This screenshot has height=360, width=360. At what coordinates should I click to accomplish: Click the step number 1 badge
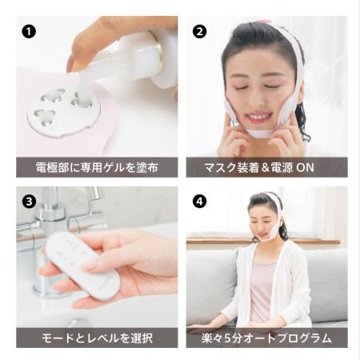pos(30,33)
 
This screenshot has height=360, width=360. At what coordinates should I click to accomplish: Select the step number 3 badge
pos(30,202)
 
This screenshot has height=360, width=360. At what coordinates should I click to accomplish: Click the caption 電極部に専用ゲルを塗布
pos(97,167)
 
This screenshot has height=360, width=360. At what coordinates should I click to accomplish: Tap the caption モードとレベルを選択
pos(97,337)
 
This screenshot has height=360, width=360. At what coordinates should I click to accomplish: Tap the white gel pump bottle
pos(152,60)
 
